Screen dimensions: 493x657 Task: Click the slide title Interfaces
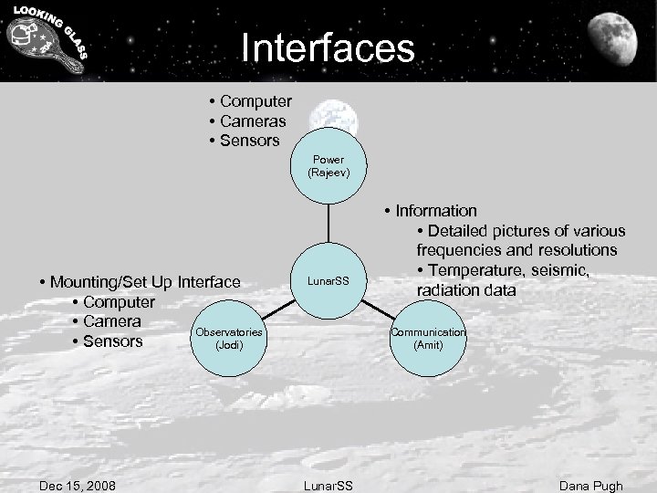point(328,46)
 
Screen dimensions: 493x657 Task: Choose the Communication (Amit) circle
point(428,339)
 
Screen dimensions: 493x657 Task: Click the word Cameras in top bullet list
point(253,121)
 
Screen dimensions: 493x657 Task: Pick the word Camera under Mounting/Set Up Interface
point(111,321)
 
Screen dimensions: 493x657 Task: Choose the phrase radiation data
point(466,290)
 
